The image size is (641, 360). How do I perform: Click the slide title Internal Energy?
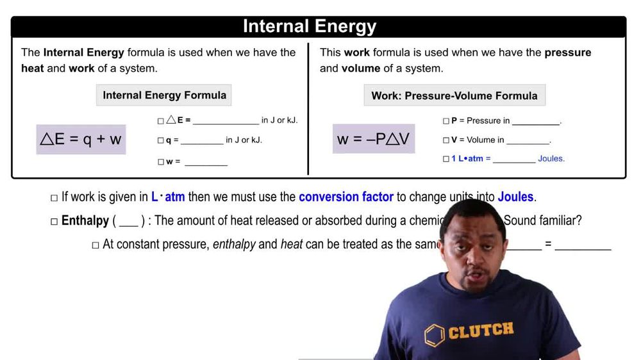[x=310, y=26]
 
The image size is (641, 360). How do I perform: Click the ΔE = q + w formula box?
[x=81, y=139]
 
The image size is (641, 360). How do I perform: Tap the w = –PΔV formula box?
[x=374, y=139]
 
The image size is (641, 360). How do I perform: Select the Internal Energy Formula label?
[x=164, y=95]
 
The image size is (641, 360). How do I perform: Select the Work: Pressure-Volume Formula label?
[x=454, y=95]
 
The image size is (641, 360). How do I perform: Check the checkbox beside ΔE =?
[x=160, y=120]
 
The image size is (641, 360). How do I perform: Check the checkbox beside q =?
[x=160, y=140]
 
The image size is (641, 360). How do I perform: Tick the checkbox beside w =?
[x=160, y=162]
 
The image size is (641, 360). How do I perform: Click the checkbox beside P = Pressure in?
[x=446, y=120]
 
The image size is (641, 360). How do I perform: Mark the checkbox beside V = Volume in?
[x=446, y=140]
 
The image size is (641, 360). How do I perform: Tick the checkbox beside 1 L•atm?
[x=446, y=159]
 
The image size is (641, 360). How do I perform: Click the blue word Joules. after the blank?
[x=551, y=159]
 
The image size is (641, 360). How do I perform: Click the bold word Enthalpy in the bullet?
[x=85, y=221]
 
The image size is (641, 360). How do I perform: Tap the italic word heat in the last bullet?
[x=292, y=245]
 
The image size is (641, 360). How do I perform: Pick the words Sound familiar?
[x=542, y=221]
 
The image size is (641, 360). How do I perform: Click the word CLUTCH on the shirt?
[x=481, y=331]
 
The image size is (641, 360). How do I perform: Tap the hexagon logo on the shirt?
[x=435, y=335]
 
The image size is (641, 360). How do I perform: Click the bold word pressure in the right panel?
[x=568, y=53]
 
